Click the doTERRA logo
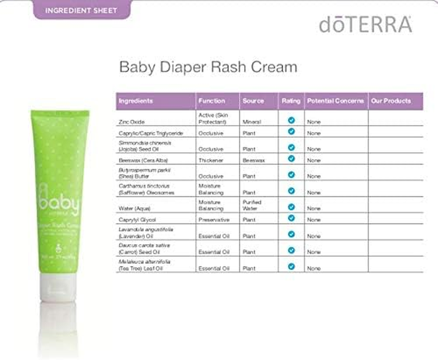[x=366, y=24]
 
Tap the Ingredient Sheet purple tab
[x=81, y=10]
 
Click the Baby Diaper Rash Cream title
[x=208, y=67]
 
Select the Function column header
[x=212, y=101]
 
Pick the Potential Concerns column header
[x=335, y=101]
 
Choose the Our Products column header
[x=391, y=101]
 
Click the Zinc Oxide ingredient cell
[x=132, y=122]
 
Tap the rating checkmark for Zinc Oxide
[x=291, y=120]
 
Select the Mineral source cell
[x=252, y=122]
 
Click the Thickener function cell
[x=210, y=160]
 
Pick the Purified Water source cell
[x=252, y=205]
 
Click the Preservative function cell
[x=214, y=220]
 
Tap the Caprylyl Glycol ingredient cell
[x=137, y=220]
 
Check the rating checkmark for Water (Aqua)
[x=291, y=207]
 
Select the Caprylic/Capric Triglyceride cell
[x=151, y=133]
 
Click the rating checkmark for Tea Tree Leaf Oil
[x=291, y=266]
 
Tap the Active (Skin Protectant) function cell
[x=214, y=119]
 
